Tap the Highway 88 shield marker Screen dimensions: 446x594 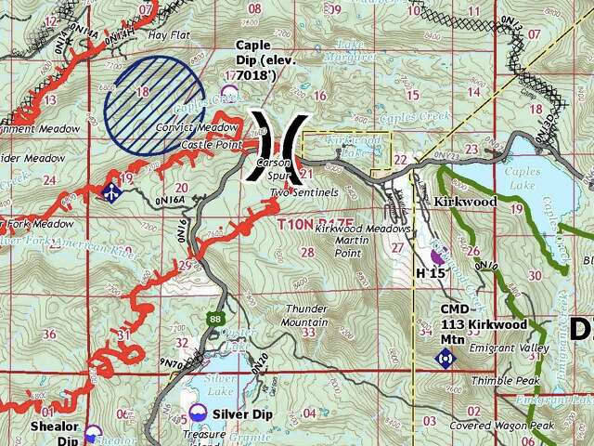point(216,319)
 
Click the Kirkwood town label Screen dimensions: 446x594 point(465,202)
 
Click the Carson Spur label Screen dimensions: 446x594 point(274,167)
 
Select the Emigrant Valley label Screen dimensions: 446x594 point(509,348)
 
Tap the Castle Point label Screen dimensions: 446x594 point(212,145)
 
